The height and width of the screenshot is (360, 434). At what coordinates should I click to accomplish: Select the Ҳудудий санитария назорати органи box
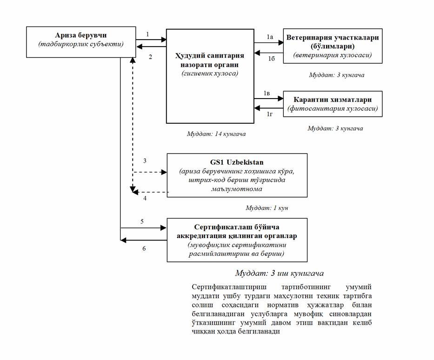click(x=210, y=76)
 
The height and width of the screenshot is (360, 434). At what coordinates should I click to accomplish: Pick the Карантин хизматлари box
click(x=333, y=104)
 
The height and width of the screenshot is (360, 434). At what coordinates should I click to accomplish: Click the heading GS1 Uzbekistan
click(x=237, y=162)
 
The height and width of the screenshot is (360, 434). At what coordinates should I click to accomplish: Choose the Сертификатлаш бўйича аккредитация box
click(x=237, y=240)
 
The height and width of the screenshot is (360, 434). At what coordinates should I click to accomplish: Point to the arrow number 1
click(x=147, y=34)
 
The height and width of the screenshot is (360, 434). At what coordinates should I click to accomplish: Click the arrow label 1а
click(x=269, y=36)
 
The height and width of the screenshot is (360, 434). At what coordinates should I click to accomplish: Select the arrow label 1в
click(x=267, y=93)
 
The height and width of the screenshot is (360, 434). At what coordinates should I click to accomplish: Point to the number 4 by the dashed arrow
click(x=145, y=198)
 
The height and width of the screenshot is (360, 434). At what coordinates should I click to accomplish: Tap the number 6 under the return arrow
click(x=144, y=248)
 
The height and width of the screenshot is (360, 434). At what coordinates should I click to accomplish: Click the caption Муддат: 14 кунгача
click(x=215, y=134)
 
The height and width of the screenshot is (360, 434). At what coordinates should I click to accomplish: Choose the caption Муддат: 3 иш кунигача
click(x=279, y=273)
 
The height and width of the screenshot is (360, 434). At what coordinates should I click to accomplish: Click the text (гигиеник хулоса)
click(x=210, y=73)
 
